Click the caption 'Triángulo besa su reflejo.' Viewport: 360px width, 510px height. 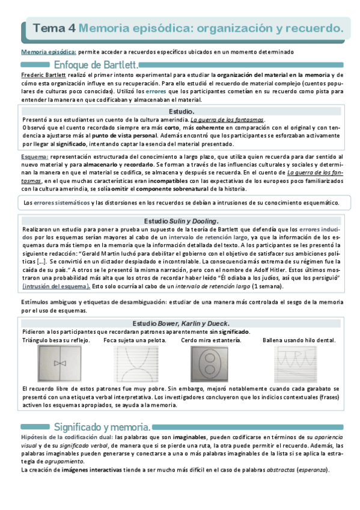55,340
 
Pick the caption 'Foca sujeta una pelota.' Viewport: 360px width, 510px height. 135,340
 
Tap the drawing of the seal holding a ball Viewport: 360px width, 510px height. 136,364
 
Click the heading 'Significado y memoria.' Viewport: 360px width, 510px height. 106,426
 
